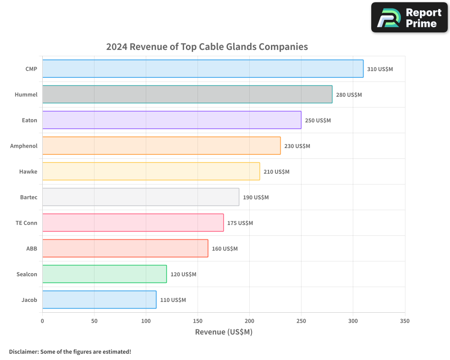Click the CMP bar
click(x=202, y=69)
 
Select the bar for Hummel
click(x=187, y=94)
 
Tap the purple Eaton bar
click(x=171, y=120)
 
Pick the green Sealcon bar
click(x=104, y=274)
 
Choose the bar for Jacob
click(x=99, y=300)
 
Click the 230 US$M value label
click(x=297, y=146)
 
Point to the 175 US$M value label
click(x=240, y=223)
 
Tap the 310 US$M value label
click(x=380, y=69)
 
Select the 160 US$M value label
click(x=225, y=249)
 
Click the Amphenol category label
click(x=24, y=146)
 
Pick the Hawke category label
click(x=28, y=171)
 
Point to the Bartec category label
click(x=29, y=197)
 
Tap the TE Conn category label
click(x=27, y=223)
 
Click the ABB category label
click(x=31, y=248)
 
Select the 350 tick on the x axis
click(x=405, y=321)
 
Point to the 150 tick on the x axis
click(x=198, y=321)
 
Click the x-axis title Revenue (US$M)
click(x=224, y=332)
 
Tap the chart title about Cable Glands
click(x=207, y=47)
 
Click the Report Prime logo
click(x=409, y=18)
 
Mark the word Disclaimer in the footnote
click(x=23, y=351)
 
